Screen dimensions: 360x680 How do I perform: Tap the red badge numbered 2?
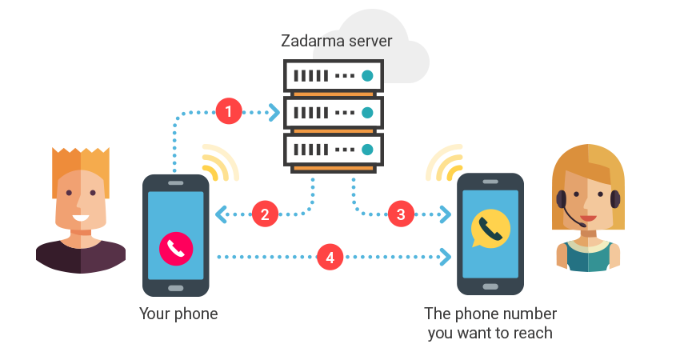click(265, 214)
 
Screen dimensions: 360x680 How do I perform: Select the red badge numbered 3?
click(401, 214)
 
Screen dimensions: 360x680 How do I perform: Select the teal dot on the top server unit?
click(367, 76)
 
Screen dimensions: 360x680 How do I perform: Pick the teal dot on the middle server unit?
click(367, 112)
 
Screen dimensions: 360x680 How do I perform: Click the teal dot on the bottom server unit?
click(367, 149)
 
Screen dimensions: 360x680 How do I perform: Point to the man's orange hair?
click(80, 165)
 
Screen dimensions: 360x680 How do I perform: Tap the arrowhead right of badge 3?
click(442, 214)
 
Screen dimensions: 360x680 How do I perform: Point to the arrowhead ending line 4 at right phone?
click(442, 257)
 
